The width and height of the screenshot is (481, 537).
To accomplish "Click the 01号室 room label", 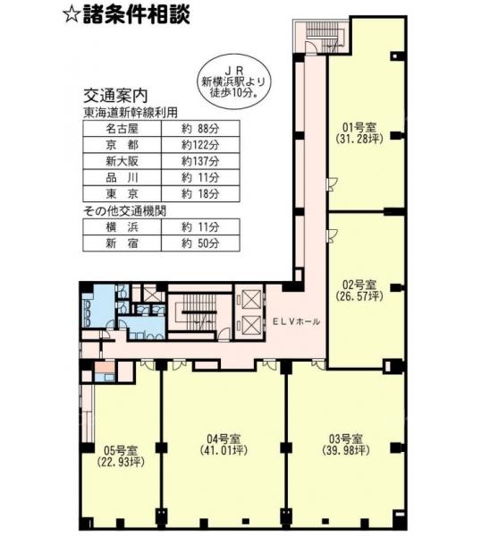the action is (x=359, y=127).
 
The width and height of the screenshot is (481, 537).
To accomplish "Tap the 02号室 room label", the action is (x=359, y=285).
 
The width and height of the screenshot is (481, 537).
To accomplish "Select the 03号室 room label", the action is (x=345, y=439).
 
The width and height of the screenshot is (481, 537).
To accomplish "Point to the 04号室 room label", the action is (x=224, y=439).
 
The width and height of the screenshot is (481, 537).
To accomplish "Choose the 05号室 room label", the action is (x=121, y=449).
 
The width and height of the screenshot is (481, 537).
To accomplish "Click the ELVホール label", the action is (x=297, y=321).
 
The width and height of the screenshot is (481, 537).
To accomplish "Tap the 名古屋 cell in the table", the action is (x=122, y=129).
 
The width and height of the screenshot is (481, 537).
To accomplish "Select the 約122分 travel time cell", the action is (x=200, y=145).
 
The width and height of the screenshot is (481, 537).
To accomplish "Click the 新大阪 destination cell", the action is (x=122, y=161).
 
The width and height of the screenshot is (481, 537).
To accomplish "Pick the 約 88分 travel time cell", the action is (x=200, y=129).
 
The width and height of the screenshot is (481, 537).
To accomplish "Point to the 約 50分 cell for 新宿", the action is (x=200, y=243).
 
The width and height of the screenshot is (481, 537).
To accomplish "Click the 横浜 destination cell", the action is (x=122, y=227).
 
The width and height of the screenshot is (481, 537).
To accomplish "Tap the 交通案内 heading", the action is (x=115, y=97).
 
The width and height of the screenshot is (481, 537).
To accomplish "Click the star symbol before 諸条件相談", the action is (x=72, y=16).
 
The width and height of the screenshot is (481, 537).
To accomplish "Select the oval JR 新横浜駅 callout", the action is (x=234, y=82).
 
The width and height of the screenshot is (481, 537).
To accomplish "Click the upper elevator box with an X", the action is (x=250, y=300).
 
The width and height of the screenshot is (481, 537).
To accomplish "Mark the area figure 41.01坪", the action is (x=224, y=450).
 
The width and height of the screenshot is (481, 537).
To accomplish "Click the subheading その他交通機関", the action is (x=124, y=211).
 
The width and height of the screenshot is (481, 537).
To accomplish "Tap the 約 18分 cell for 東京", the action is (x=200, y=194).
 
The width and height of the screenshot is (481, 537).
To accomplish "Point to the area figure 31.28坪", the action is (x=359, y=139).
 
